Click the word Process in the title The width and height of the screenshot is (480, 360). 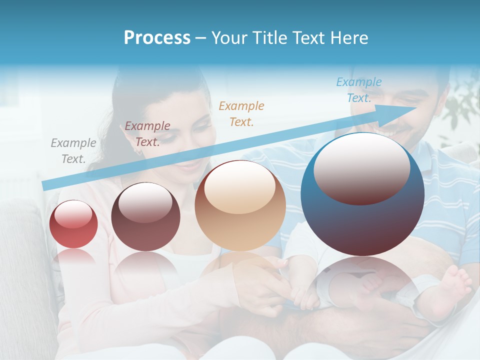pos(157,38)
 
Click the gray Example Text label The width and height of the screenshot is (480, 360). pos(73,151)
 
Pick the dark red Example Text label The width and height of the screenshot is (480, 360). pos(147,134)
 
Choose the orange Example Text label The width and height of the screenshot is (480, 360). pos(241,113)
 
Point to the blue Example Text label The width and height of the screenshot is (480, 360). pos(359,90)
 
